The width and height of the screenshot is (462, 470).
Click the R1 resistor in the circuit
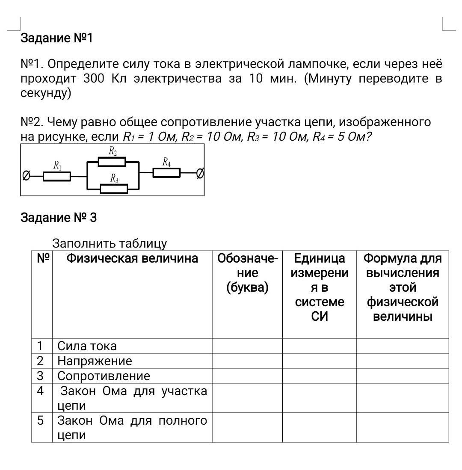57,176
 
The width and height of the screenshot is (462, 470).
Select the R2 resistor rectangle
112,162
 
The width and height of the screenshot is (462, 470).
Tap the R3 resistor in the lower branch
113,188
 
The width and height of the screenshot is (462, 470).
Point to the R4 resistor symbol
166,173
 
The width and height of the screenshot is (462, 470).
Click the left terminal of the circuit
27,176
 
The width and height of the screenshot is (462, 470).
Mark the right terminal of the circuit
200,173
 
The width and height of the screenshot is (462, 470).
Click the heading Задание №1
57,38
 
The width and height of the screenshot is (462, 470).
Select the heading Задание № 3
59,218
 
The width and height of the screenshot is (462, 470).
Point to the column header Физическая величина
132,258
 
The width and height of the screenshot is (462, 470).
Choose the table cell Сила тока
87,346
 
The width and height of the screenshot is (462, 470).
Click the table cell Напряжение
95,361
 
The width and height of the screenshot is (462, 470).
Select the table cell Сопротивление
104,376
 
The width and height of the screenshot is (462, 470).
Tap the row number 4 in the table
40,391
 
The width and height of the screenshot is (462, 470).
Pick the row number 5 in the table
40,420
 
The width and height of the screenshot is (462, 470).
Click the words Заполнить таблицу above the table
110,244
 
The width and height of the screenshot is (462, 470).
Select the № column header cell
42,258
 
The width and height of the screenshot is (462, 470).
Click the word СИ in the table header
319,316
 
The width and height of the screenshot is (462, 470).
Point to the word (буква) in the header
247,287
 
